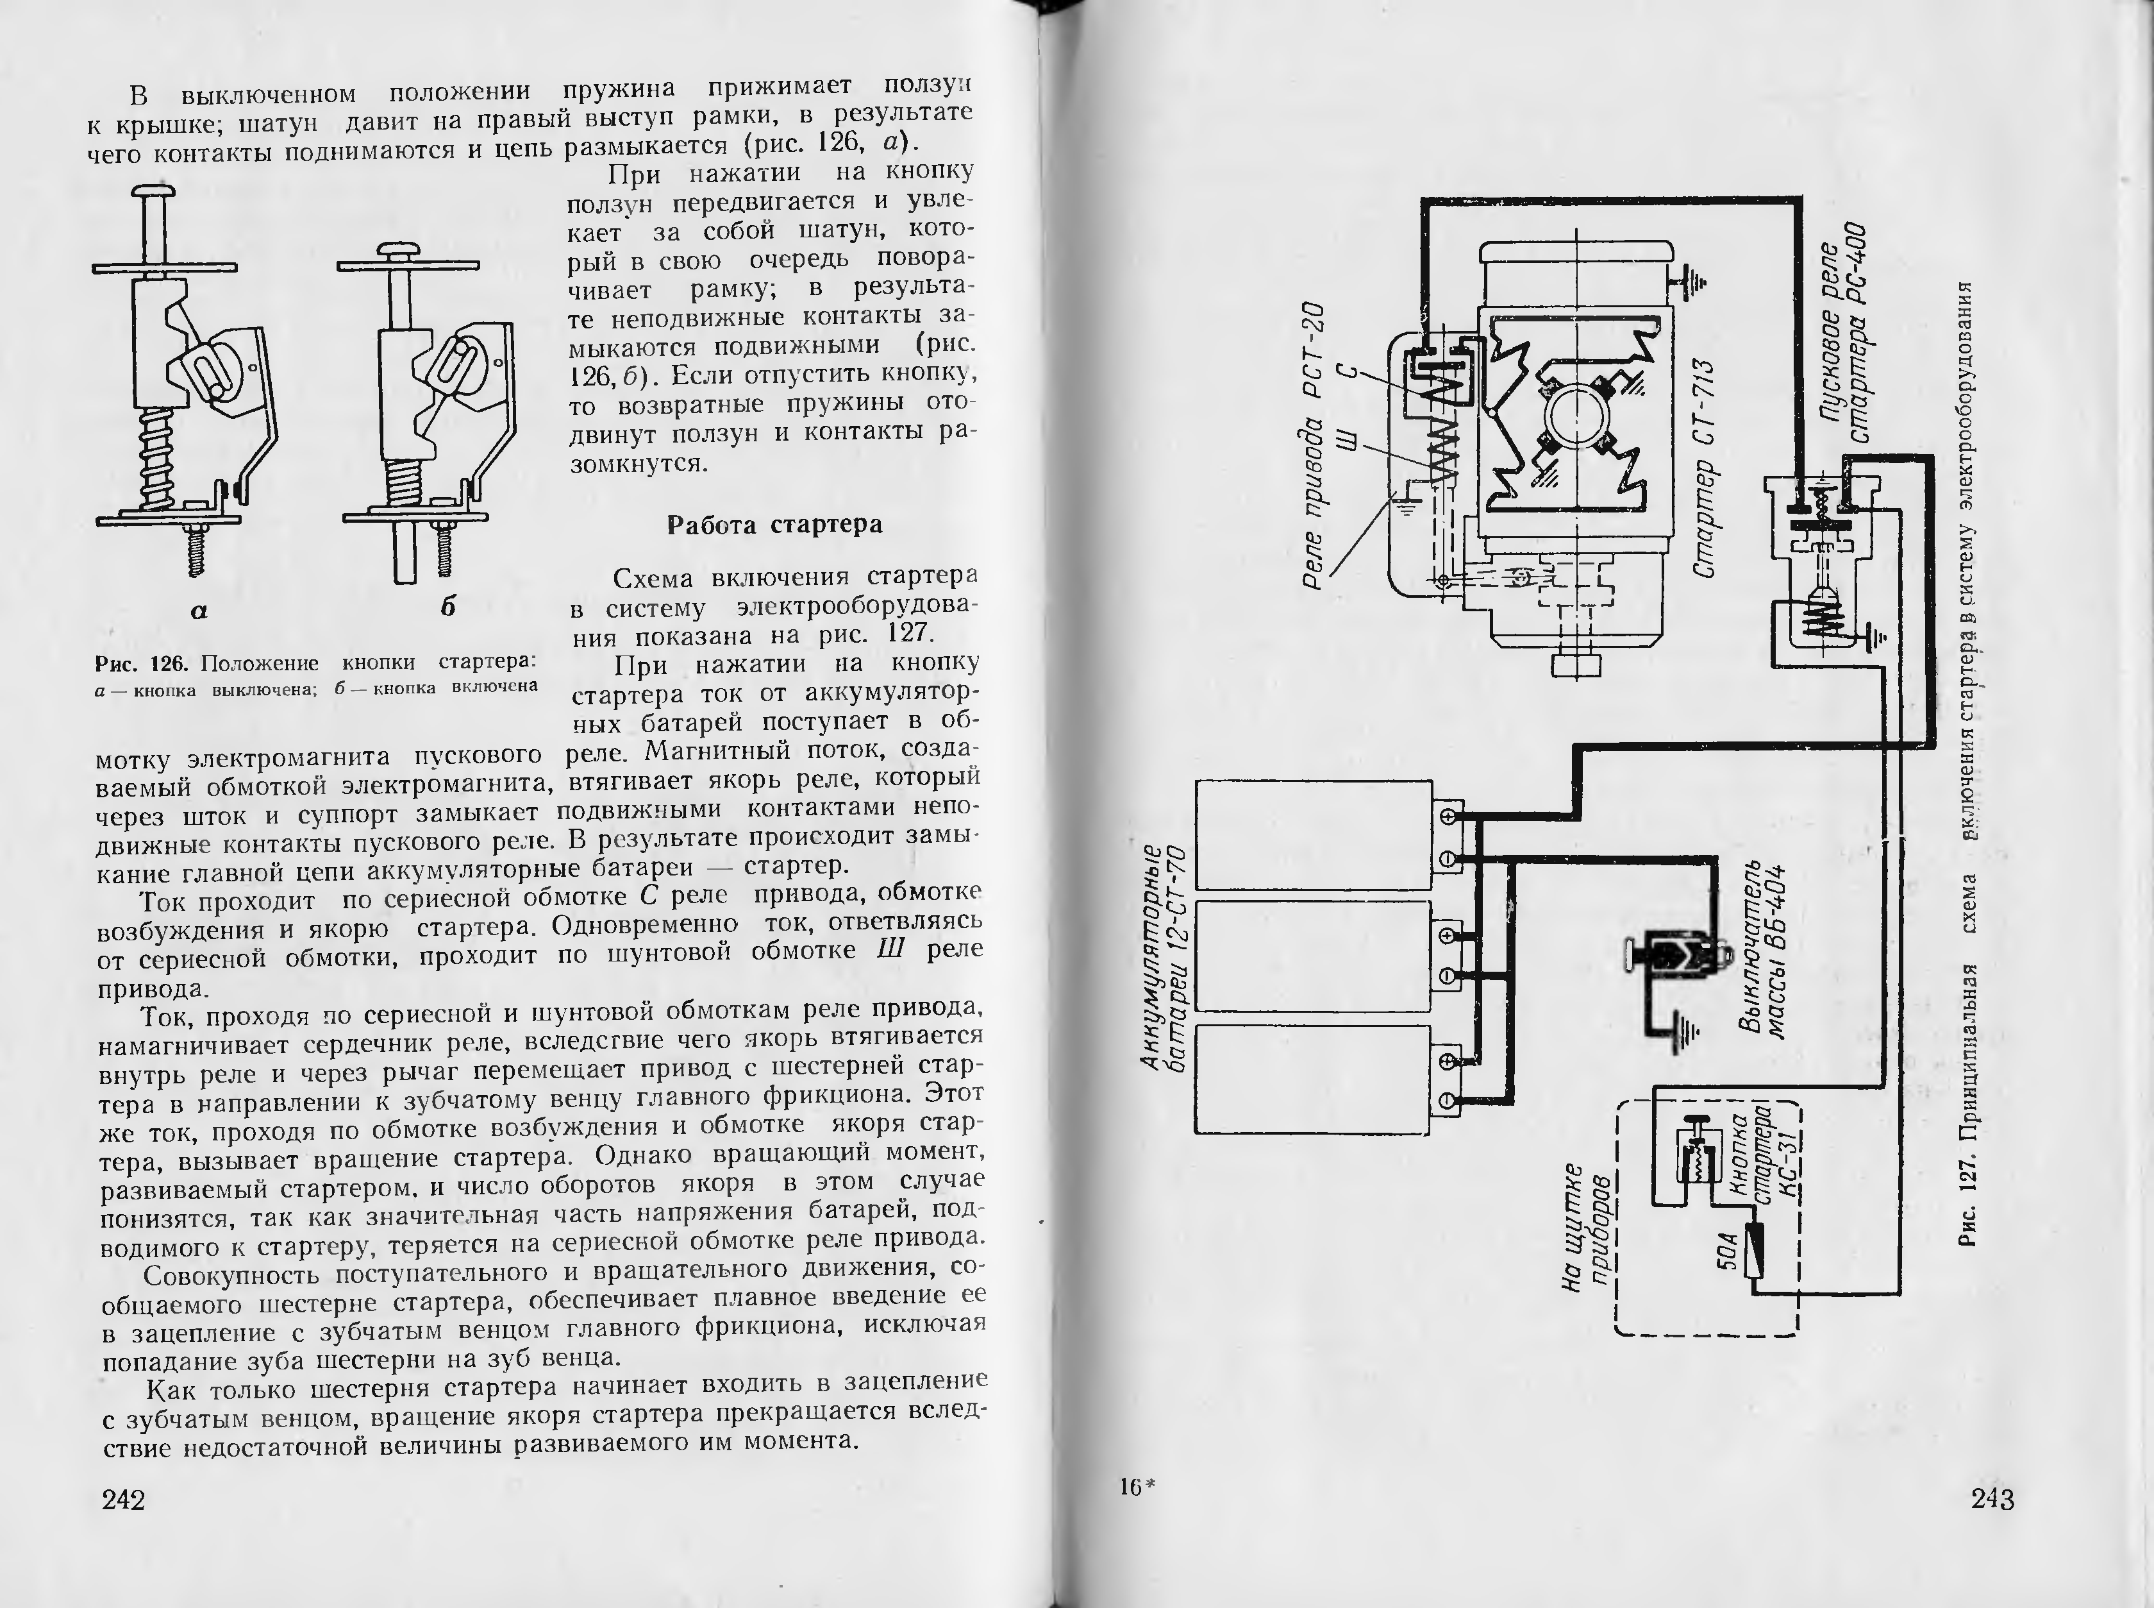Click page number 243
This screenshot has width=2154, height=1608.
pos(1992,1499)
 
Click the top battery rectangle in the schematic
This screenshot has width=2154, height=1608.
pos(1314,834)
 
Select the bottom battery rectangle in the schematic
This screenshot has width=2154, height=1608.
pos(1314,1079)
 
